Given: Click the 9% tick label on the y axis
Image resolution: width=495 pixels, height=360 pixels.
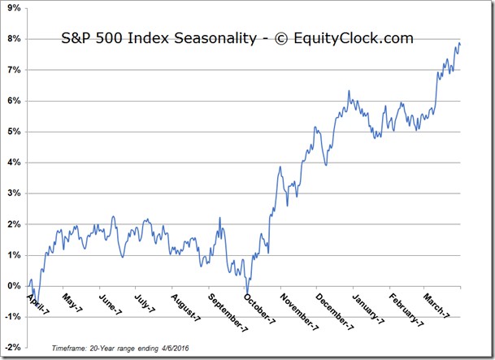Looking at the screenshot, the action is (14, 8).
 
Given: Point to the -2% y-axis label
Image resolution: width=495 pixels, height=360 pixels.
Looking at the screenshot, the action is (13, 347).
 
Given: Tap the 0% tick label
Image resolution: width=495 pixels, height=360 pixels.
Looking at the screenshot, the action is (14, 286).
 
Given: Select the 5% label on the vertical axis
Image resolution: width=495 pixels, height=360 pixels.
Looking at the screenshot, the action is (14, 132).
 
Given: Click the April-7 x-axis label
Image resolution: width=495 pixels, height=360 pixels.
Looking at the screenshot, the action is (38, 304).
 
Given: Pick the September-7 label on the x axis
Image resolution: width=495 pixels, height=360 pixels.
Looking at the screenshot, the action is (228, 313).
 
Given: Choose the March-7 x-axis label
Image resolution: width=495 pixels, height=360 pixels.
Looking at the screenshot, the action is (436, 306).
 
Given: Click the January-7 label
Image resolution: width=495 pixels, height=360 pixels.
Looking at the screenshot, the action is (368, 309).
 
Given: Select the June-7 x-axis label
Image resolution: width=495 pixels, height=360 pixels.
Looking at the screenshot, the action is (111, 305).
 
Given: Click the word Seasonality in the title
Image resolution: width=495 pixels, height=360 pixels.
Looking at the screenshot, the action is (215, 38).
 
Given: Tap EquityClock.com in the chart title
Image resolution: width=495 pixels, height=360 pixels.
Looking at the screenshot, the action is (354, 38).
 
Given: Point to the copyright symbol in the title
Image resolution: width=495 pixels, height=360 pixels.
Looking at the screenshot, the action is (281, 39).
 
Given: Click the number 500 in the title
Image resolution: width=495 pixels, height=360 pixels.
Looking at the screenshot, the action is (110, 38).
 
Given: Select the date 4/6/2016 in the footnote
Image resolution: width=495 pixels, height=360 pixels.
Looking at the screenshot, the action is (175, 349).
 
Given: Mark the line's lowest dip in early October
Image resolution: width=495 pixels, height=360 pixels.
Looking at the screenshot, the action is (247, 293).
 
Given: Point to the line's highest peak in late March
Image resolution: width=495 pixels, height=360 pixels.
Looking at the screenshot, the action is (459, 43).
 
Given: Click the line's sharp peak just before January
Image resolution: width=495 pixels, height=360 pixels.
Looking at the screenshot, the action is (349, 91).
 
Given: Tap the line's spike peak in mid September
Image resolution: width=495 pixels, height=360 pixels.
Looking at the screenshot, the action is (219, 218).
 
